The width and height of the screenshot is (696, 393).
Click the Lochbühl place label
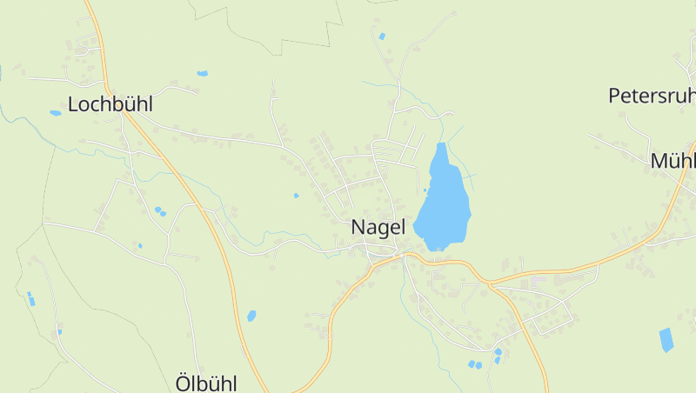point(110,104)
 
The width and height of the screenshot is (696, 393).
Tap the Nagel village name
point(378,227)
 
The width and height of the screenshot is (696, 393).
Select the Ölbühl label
point(206,383)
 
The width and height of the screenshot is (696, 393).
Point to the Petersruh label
point(652,96)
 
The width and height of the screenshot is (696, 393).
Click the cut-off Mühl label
point(673,161)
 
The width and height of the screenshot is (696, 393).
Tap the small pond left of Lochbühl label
point(56,112)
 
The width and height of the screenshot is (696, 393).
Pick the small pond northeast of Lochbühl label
point(202,74)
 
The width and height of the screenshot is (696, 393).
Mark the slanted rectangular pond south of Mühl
point(666,339)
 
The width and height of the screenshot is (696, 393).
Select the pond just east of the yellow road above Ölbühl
point(251,316)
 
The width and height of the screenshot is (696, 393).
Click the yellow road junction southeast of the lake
point(489,283)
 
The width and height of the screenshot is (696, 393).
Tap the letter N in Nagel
point(358,227)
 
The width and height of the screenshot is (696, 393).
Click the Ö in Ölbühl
point(183,383)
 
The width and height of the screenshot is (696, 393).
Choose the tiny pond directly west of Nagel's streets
point(296,195)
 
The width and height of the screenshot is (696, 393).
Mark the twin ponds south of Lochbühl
point(160,211)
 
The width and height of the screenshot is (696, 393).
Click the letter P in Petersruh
point(614,96)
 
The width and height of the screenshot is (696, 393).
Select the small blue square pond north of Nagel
point(381,37)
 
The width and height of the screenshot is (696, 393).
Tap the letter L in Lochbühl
point(73,104)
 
